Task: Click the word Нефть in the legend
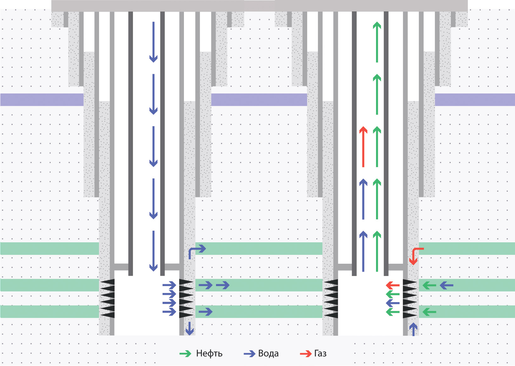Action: coord(209,354)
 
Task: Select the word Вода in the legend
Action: coord(268,354)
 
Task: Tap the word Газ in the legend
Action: coord(320,354)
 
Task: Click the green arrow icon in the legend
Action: coord(186,354)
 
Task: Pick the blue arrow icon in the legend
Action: coord(249,354)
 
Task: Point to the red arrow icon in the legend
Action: coord(305,354)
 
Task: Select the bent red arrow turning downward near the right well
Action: coord(416,255)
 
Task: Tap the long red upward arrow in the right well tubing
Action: coord(363,147)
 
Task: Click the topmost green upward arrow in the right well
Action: coord(377,42)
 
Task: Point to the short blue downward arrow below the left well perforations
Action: coord(189,328)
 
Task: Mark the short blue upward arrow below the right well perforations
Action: coord(413,329)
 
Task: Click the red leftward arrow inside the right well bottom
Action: coord(393,285)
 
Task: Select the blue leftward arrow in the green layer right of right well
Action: coord(446,285)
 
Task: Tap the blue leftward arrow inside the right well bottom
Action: coord(393,303)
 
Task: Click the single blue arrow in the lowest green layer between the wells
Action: coord(206,312)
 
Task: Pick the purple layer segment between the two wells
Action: coord(259,99)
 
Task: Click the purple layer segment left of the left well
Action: coord(42,99)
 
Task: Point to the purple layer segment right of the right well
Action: coord(475,99)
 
